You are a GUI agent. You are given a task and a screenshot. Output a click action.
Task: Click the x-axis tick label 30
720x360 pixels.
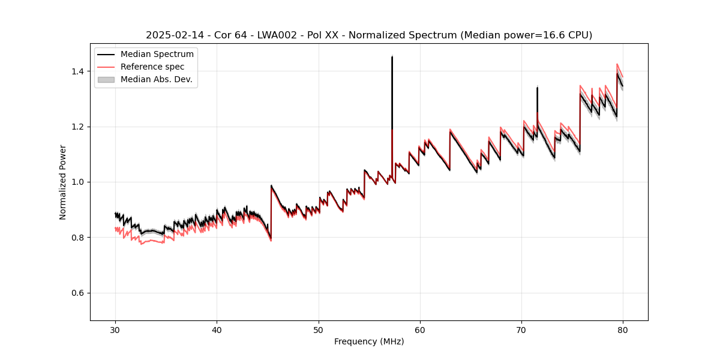(116, 329)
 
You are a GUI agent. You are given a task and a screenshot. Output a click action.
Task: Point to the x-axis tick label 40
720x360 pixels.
(217, 329)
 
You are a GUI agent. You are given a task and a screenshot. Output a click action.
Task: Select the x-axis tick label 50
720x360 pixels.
(319, 329)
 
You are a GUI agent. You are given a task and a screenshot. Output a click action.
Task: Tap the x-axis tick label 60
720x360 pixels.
(420, 329)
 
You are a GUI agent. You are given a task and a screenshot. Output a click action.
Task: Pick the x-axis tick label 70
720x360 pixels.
(521, 329)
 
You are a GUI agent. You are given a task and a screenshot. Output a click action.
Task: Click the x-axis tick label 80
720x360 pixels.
(623, 329)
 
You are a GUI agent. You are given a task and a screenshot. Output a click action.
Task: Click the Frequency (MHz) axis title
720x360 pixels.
(369, 341)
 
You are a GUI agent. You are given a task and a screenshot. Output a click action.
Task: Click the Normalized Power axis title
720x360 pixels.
(62, 182)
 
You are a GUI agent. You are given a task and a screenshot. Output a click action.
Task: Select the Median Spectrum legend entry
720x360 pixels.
(157, 55)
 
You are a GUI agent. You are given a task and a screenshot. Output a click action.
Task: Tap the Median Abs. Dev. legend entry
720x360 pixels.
(156, 79)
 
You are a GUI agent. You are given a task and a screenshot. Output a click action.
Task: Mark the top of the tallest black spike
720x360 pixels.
(392, 57)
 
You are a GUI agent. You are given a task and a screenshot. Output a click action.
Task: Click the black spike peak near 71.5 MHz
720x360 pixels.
(537, 88)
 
